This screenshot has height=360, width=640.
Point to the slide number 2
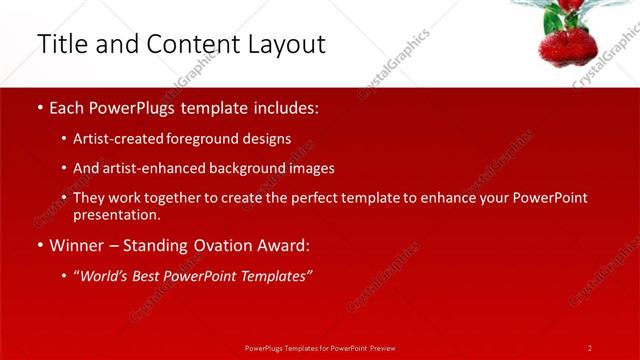pos(589,347)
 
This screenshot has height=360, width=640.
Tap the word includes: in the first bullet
pos(284,107)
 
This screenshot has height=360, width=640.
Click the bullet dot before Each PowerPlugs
pos(39,107)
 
